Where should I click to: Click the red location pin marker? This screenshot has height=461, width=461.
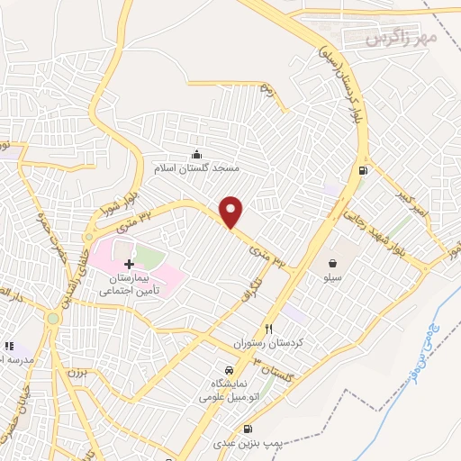coord(231,211)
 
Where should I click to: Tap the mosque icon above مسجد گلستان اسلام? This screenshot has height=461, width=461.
coord(197,155)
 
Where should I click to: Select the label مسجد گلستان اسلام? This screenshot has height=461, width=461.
coord(197,168)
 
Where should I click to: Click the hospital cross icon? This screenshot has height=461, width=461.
coord(129,264)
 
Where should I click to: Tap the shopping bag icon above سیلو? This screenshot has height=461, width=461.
coord(334,264)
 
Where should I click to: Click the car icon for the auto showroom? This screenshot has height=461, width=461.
coord(229,371)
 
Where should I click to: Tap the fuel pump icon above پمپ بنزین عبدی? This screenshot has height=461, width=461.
coord(249,429)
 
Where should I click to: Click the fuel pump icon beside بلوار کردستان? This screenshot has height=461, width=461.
coord(362,170)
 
